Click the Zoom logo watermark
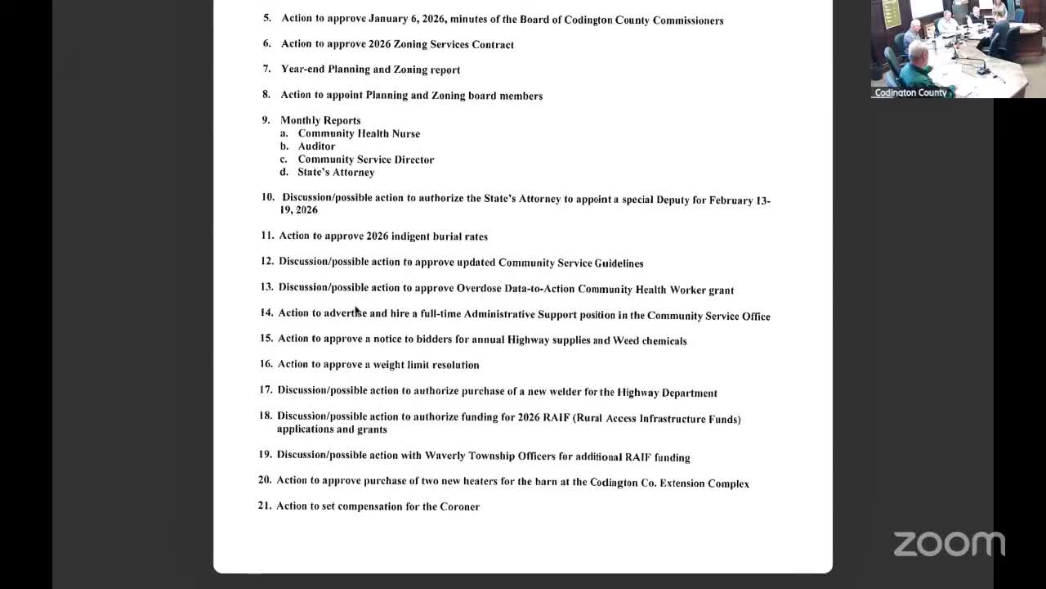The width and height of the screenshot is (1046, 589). coord(949,544)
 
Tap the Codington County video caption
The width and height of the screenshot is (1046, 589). coord(910,92)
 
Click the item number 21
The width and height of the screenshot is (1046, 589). coord(265,506)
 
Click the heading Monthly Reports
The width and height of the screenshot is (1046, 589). coord(320,120)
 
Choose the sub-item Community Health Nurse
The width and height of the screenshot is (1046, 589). coord(359,133)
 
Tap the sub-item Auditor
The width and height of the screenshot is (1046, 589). coord(316,146)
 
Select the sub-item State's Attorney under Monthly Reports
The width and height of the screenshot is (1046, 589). coord(336,173)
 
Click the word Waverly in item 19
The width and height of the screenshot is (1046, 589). coord(445,456)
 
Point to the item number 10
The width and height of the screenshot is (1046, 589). coord(268,197)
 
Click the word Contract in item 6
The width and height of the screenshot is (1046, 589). coord(493,44)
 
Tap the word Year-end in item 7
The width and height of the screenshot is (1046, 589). coord(302,70)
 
